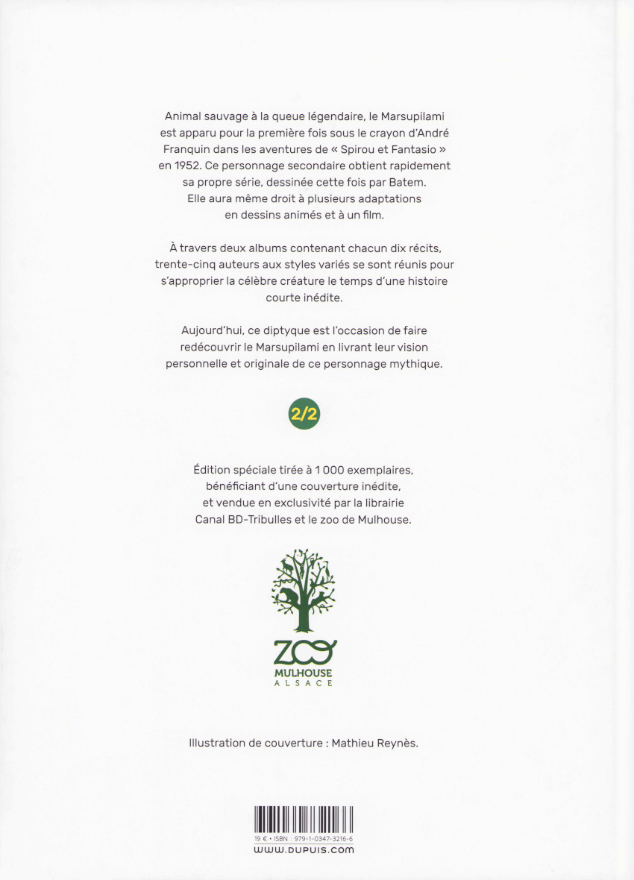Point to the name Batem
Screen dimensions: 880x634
(x=427, y=182)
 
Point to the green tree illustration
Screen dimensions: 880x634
(x=303, y=589)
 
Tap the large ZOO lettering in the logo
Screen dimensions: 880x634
(x=304, y=653)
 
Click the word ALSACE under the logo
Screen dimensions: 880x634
(x=304, y=682)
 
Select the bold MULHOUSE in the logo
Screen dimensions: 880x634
(x=304, y=672)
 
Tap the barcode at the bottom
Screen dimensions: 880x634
(x=303, y=819)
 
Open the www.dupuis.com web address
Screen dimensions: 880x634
(x=304, y=850)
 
